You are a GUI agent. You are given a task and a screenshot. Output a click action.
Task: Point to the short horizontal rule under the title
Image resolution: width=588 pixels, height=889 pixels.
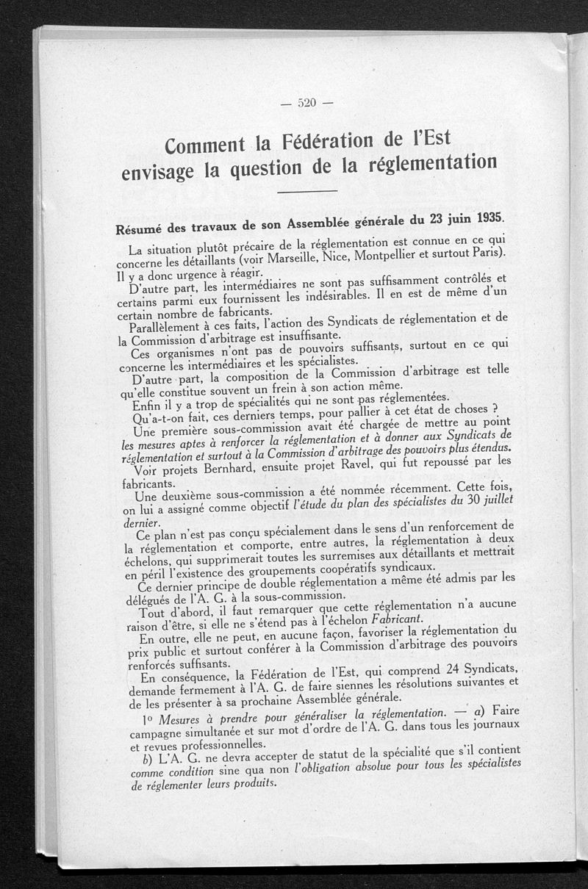(309, 193)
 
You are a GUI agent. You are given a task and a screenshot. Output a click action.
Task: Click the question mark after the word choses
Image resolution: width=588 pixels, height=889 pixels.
(496, 408)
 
